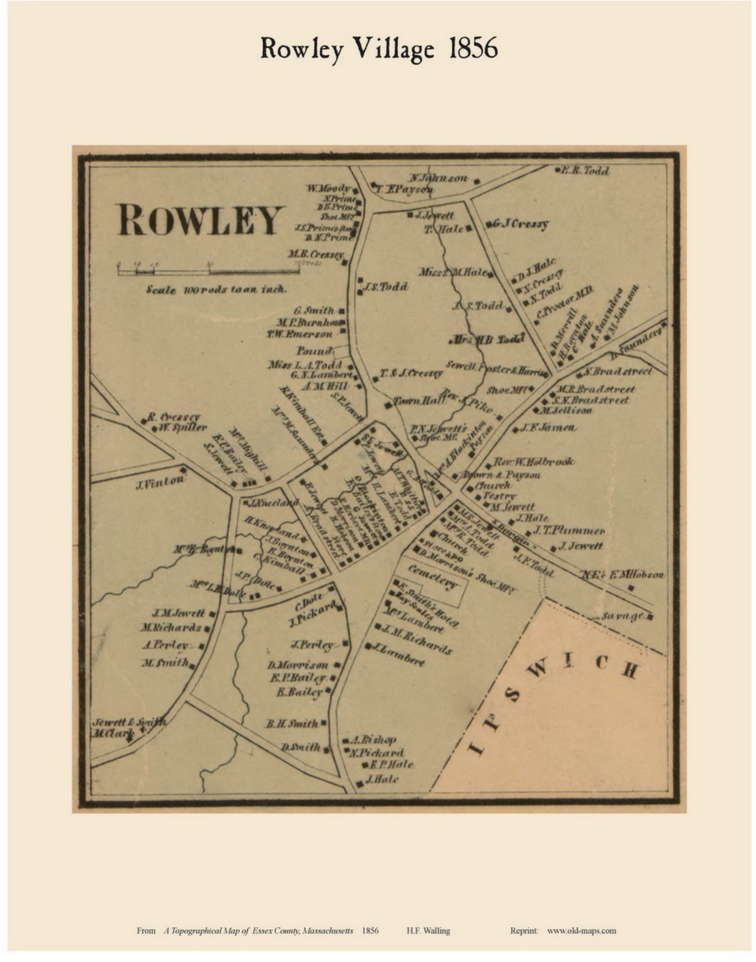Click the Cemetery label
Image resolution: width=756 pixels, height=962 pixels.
pyautogui.click(x=432, y=577)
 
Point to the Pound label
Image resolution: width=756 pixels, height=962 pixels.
pyautogui.click(x=314, y=351)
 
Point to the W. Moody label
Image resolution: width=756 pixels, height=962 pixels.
pyautogui.click(x=329, y=188)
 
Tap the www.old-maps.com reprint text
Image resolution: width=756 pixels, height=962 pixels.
pyautogui.click(x=581, y=931)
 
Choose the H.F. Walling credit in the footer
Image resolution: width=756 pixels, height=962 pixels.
pyautogui.click(x=428, y=931)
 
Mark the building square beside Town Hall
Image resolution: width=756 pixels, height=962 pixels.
pyautogui.click(x=388, y=406)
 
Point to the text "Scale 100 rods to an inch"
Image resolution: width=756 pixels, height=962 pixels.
pyautogui.click(x=216, y=289)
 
